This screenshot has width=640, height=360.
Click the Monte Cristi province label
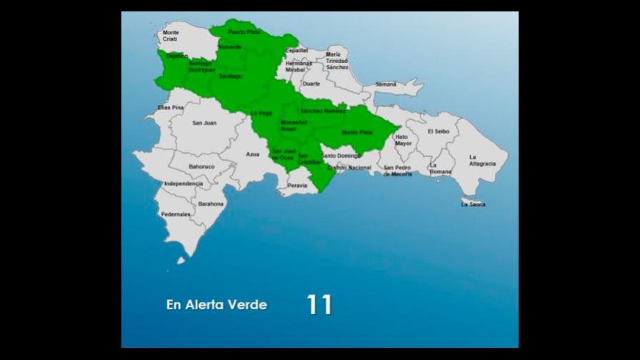tap(171, 36)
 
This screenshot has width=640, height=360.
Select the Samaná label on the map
tap(386, 84)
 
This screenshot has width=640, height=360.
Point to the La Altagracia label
tap(482, 160)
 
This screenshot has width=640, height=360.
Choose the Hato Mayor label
tap(404, 140)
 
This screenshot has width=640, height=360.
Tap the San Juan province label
tap(204, 123)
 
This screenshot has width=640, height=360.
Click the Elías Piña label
tap(171, 108)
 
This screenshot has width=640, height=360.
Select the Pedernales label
tap(176, 214)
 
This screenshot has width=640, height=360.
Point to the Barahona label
tap(211, 204)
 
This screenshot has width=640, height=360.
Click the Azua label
tap(253, 154)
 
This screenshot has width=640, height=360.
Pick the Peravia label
tap(297, 186)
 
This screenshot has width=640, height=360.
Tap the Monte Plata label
tap(356, 132)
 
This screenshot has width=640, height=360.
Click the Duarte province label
tap(311, 84)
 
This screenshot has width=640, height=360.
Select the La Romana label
tap(439, 169)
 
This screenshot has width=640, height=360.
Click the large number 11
tap(319, 305)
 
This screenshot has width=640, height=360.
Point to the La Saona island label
tap(473, 204)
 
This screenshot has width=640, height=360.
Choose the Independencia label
tap(183, 184)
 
